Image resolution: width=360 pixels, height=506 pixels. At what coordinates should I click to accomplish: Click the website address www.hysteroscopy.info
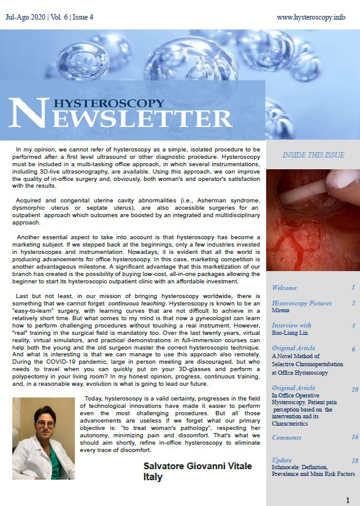(x=310, y=17)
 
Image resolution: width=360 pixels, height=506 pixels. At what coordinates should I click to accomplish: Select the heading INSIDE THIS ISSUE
(x=313, y=155)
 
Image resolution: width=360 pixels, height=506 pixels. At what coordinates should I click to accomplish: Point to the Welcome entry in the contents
(x=284, y=288)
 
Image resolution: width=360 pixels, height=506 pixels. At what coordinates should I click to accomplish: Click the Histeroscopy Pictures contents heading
(x=302, y=303)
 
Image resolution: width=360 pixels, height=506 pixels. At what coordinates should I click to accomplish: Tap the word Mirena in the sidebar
(x=281, y=311)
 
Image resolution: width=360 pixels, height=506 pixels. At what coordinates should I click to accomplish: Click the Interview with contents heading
(x=291, y=325)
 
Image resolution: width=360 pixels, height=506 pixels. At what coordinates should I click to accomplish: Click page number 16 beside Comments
(x=354, y=437)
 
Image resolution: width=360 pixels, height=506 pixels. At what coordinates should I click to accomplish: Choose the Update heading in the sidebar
(x=282, y=460)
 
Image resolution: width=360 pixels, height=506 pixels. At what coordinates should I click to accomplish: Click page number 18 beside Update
(x=354, y=460)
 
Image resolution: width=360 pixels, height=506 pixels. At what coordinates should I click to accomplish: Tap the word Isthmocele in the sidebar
(x=288, y=467)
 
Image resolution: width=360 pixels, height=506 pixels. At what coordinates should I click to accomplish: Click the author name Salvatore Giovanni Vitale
(x=197, y=467)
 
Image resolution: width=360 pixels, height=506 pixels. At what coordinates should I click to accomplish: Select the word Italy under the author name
(x=153, y=477)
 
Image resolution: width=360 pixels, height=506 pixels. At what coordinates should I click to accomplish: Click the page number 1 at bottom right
(x=348, y=500)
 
